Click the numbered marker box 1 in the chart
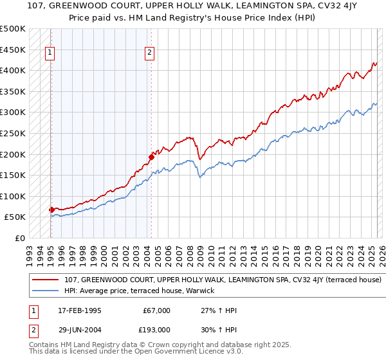(x=50, y=53)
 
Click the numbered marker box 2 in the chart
(x=149, y=53)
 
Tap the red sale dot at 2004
(x=151, y=156)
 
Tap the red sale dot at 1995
(x=51, y=210)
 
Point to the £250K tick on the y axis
(x=13, y=133)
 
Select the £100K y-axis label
(x=13, y=196)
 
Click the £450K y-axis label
(x=13, y=50)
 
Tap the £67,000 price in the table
(x=156, y=310)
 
